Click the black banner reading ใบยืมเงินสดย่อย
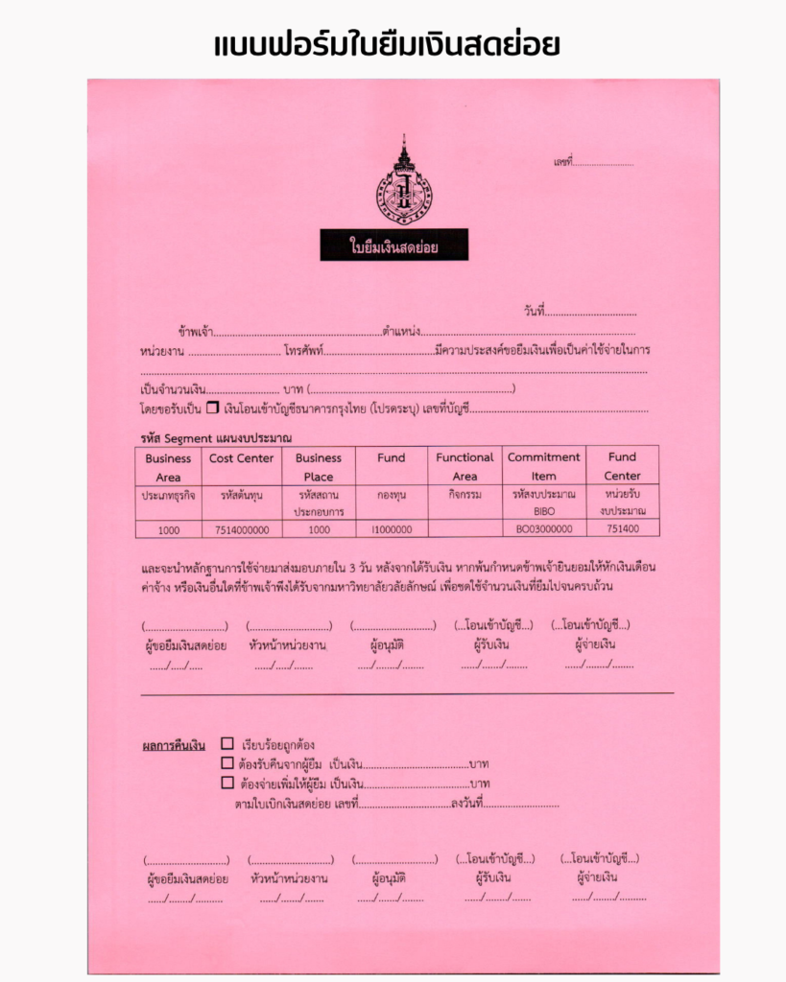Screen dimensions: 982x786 [393, 245]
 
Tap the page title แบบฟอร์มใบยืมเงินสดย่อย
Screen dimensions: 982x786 [387, 45]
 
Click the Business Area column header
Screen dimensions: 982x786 [168, 466]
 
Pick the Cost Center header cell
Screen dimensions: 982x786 [242, 458]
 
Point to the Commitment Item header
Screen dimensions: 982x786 [543, 466]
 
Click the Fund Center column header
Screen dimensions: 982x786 [622, 466]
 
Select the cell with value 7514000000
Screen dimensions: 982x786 [242, 529]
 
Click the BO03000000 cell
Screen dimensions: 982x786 [543, 529]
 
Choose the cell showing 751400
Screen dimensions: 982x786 [622, 529]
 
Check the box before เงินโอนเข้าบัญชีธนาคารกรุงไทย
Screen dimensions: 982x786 [213, 408]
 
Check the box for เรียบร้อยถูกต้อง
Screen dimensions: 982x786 [227, 744]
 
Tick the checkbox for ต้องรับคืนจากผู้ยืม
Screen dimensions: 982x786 [227, 763]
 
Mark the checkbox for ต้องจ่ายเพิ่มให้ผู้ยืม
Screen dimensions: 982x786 [227, 783]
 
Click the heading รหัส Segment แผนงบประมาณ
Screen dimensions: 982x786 [215, 437]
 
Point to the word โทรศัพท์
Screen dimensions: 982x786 [302, 351]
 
